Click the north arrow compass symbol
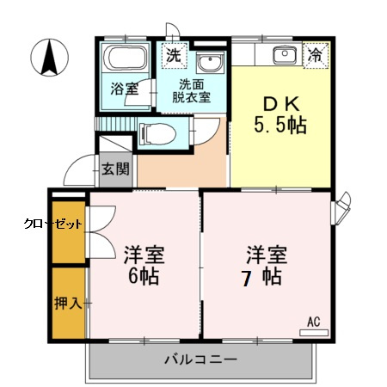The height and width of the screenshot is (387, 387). click(50, 58)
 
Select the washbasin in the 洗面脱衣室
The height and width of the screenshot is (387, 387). click(209, 64)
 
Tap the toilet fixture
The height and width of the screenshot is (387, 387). click(157, 134)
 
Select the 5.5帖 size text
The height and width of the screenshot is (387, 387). click(281, 126)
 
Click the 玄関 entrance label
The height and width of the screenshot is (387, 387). click(114, 169)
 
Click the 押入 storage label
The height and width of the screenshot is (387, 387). click(68, 303)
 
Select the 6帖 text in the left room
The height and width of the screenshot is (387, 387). click(144, 277)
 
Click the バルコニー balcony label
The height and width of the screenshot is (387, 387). click(200, 359)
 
